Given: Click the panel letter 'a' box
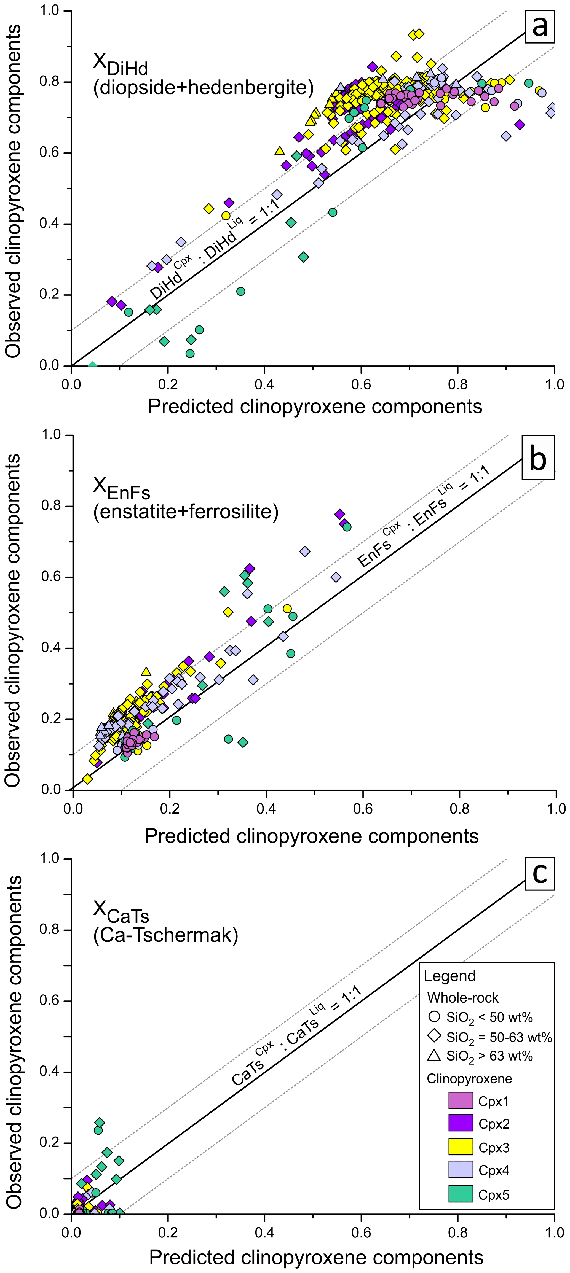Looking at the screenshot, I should (x=539, y=26).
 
